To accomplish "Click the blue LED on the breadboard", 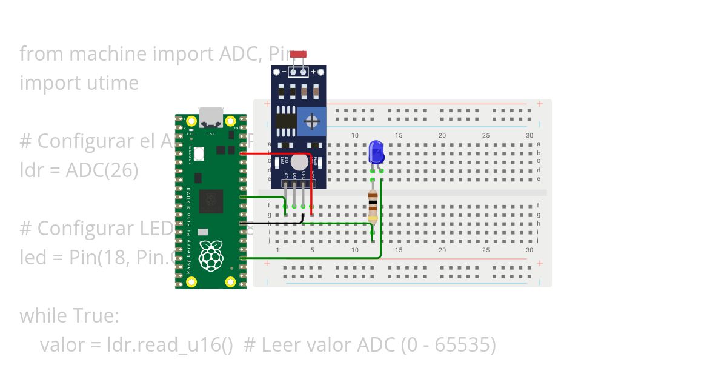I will click(376, 152).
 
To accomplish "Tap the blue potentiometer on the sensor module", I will click(312, 122).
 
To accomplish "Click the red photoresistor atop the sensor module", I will click(298, 55).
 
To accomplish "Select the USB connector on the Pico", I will click(211, 116).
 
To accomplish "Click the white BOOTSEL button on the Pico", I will click(198, 155).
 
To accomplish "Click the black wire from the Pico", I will click(273, 224).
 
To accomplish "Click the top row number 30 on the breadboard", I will click(529, 135).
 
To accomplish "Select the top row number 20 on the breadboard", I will click(442, 135).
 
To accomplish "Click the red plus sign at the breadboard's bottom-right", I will click(539, 264).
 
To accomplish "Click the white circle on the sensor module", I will click(299, 161).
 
